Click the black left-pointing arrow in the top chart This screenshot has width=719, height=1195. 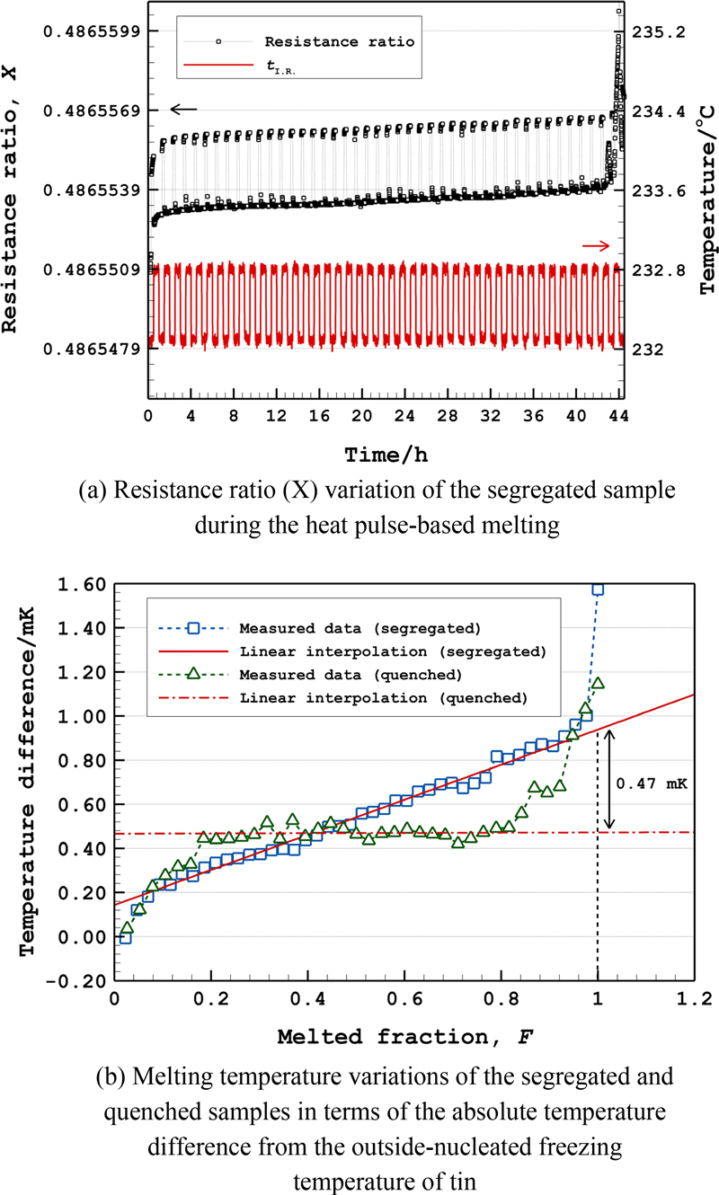tap(182, 109)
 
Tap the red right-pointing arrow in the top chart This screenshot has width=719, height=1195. tap(596, 245)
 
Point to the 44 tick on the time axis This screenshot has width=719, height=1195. tap(618, 416)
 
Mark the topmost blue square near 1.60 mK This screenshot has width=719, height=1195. tap(597, 589)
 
